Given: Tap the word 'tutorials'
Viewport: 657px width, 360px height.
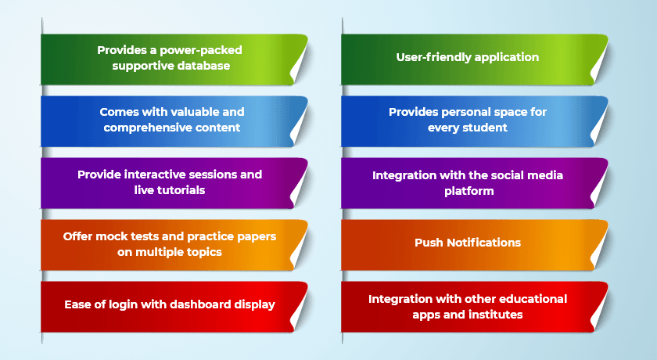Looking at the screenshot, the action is [x=181, y=190].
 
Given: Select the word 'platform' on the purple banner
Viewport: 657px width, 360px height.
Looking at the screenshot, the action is [x=469, y=192].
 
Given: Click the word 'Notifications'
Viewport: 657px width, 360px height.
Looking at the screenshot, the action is [x=483, y=243].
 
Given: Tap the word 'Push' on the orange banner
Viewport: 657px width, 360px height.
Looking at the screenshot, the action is [x=429, y=243].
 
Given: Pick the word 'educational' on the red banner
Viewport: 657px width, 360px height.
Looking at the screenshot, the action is [x=532, y=299].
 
